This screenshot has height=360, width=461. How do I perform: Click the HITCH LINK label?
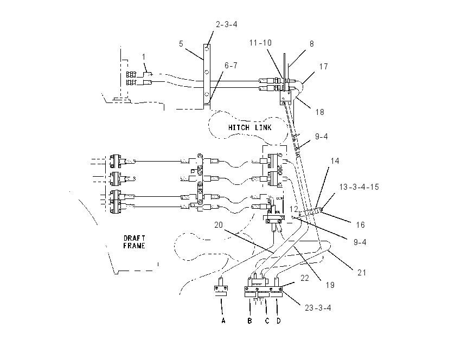click(249, 127)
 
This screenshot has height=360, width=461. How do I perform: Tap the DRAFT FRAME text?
click(134, 242)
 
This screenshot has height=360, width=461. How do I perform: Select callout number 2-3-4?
click(226, 24)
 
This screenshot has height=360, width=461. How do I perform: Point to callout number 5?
click(181, 44)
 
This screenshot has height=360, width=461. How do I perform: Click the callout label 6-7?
click(231, 66)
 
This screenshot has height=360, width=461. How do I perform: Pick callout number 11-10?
click(260, 43)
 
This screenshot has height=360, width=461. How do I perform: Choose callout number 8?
click(312, 44)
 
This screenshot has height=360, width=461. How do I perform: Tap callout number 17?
click(323, 67)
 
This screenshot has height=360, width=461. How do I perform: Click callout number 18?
click(319, 112)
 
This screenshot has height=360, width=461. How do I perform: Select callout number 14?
click(335, 161)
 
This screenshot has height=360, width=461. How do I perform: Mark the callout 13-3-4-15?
click(359, 187)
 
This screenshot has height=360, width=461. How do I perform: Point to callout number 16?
click(361, 225)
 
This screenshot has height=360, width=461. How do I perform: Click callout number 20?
click(219, 225)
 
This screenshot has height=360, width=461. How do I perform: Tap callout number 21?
click(362, 273)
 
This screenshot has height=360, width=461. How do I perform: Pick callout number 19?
click(330, 285)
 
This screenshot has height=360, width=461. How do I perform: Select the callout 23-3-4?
click(318, 308)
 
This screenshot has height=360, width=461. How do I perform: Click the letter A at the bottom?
click(223, 320)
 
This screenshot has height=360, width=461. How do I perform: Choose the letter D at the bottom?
click(278, 320)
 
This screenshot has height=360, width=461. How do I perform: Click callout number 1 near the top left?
click(144, 57)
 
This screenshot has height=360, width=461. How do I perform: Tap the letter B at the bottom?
click(249, 320)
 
